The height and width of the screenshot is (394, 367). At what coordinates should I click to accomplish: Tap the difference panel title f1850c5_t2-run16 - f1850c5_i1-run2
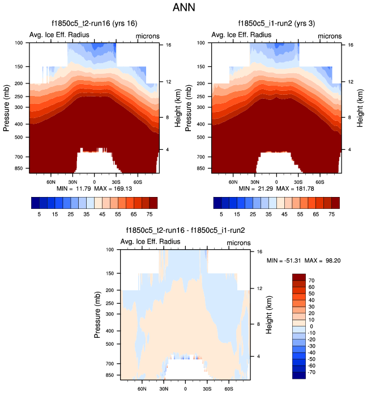coord(185,230)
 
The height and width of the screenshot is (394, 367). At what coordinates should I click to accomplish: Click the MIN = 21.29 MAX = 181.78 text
coord(276,188)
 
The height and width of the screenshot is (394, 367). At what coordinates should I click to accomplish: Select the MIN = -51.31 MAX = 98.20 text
coord(304,260)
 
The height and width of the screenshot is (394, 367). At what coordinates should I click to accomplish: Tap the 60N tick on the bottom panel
coord(142,389)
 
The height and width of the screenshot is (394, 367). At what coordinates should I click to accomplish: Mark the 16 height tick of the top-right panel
coord(351,44)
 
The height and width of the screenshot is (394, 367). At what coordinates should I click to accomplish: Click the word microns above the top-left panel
coord(147,36)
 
